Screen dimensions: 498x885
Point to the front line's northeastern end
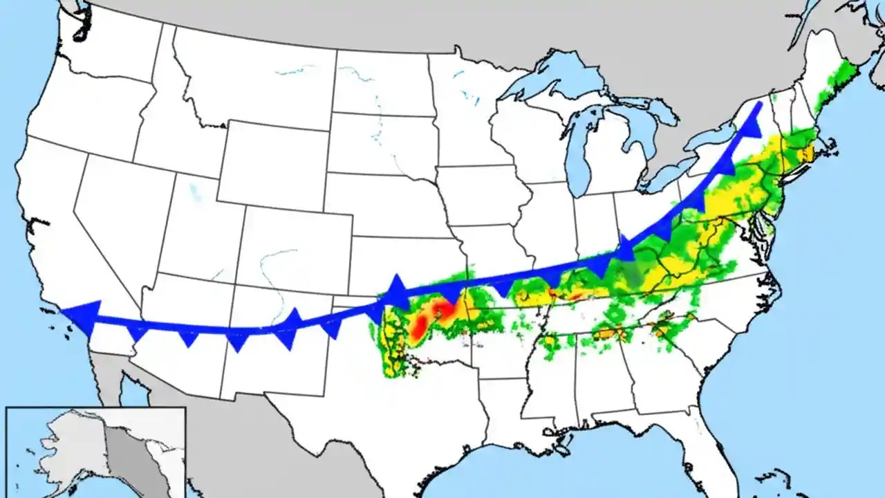point(759,104)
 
